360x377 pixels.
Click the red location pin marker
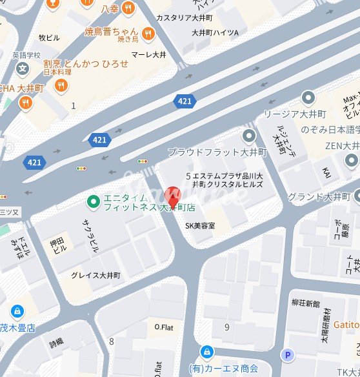pyautogui.click(x=172, y=195)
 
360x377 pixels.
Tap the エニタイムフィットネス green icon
pyautogui.click(x=94, y=203)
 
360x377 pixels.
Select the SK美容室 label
pyautogui.click(x=199, y=226)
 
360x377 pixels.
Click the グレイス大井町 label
pyautogui.click(x=95, y=275)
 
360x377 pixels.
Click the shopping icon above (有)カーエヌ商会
pyautogui.click(x=207, y=352)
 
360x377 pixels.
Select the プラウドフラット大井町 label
pyautogui.click(x=216, y=152)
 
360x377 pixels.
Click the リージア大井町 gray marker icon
pyautogui.click(x=308, y=97)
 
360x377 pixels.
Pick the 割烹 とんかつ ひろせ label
pyautogui.click(x=86, y=64)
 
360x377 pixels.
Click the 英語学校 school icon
pyautogui.click(x=23, y=68)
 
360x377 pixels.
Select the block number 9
pyautogui.click(x=226, y=327)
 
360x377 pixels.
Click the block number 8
pyautogui.click(x=111, y=341)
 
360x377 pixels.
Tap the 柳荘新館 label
pyautogui.click(x=305, y=303)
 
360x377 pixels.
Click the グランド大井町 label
pyautogui.click(x=318, y=196)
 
